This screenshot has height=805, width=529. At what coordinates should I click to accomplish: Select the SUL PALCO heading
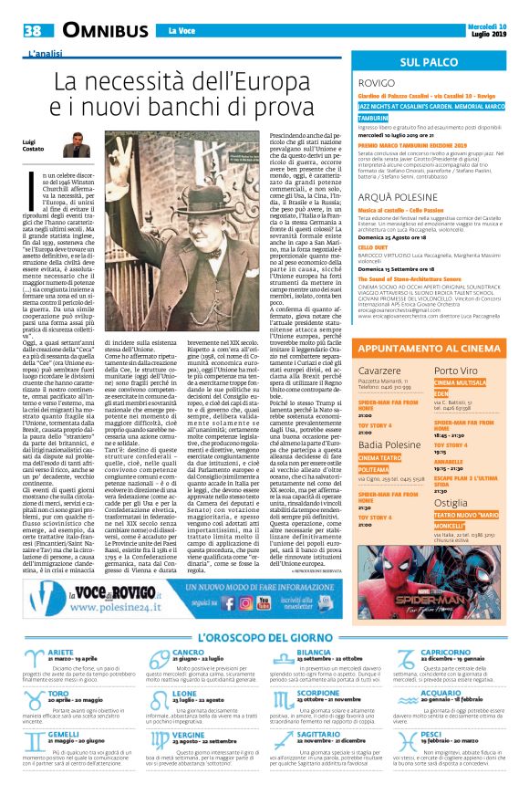(433, 61)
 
